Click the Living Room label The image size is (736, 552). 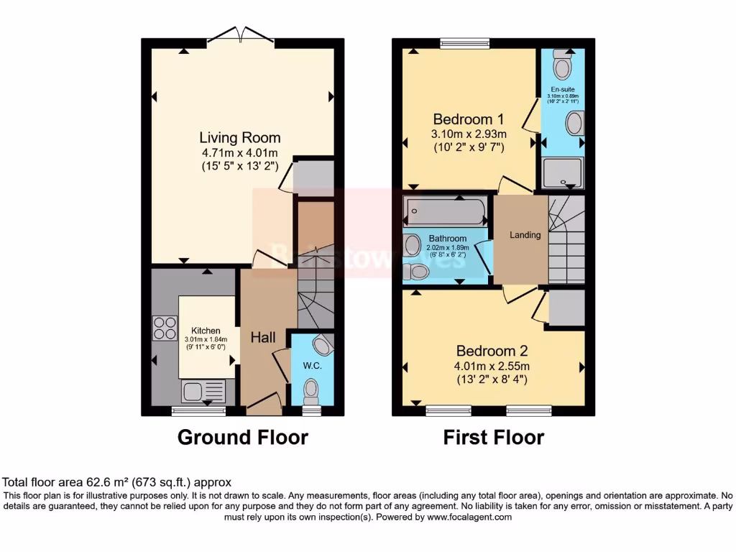[240, 137]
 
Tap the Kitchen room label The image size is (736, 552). [206, 330]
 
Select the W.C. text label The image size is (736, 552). [311, 365]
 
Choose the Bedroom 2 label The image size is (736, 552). [492, 351]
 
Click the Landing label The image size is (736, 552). [525, 235]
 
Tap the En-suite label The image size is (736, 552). [563, 89]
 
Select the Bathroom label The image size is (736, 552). [448, 239]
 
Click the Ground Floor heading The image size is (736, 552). [242, 437]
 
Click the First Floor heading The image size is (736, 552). [493, 437]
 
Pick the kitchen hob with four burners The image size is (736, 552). [165, 328]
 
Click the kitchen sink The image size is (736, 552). [203, 392]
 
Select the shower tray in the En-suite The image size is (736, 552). [562, 173]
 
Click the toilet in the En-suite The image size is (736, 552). [562, 67]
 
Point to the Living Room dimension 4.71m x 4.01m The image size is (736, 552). [240, 152]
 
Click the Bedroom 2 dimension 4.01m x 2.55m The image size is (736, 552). [492, 366]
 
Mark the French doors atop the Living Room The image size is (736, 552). [240, 34]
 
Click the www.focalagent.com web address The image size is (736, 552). [469, 517]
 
